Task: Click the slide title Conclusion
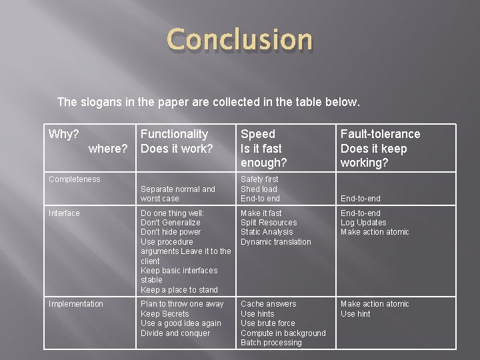coord(239,39)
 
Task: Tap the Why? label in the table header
coord(64,134)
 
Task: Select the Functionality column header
coord(174,134)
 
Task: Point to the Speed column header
coord(257,134)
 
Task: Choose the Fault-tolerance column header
coord(380,134)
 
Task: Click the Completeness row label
coord(75,179)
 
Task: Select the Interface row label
coord(65,213)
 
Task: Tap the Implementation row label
coord(76,304)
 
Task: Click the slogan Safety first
coord(259,179)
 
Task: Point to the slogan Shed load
coord(259,189)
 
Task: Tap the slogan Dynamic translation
coord(275,242)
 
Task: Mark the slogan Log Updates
coord(363,223)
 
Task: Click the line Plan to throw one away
coord(182,304)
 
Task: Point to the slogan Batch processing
coord(271,343)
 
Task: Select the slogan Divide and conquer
coord(175,333)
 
